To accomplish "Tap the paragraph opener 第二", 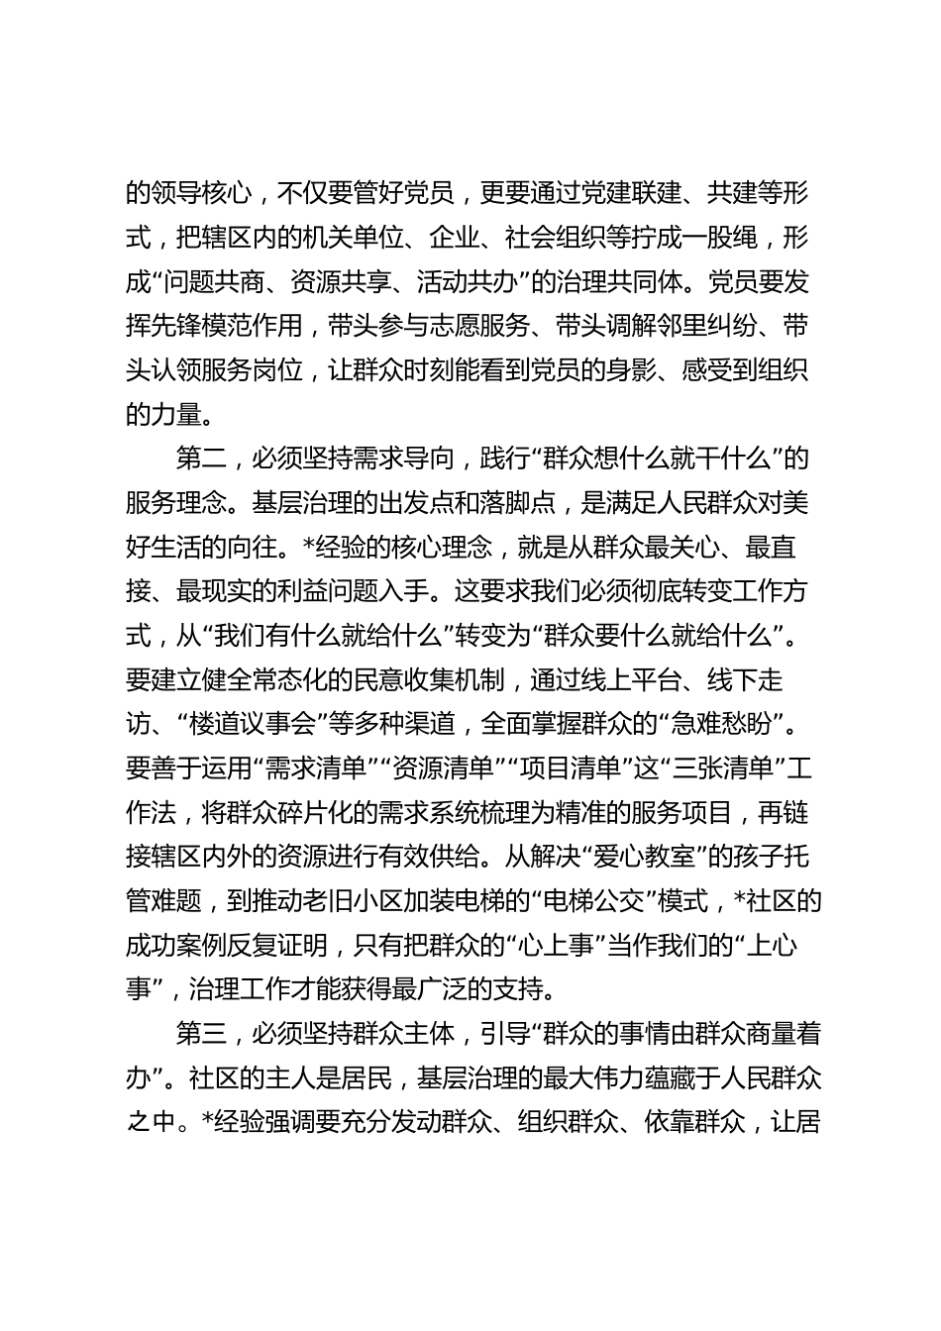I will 201,459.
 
